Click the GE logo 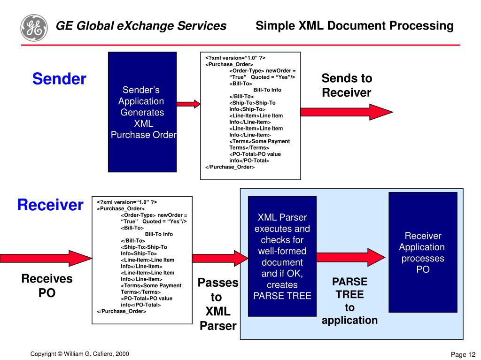point(34,27)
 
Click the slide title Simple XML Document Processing point(355,26)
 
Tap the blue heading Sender point(59,79)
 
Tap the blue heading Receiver point(50,205)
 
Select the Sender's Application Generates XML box point(142,112)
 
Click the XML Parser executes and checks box point(282,256)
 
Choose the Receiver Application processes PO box point(423,252)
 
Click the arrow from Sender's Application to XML point(188,104)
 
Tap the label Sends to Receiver point(347,85)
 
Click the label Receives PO point(47,286)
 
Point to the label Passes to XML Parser point(218,304)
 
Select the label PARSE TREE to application point(349,301)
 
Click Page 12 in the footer point(463,354)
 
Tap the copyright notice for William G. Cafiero point(80,354)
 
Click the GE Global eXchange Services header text point(141,26)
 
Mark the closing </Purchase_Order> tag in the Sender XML point(230,167)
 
